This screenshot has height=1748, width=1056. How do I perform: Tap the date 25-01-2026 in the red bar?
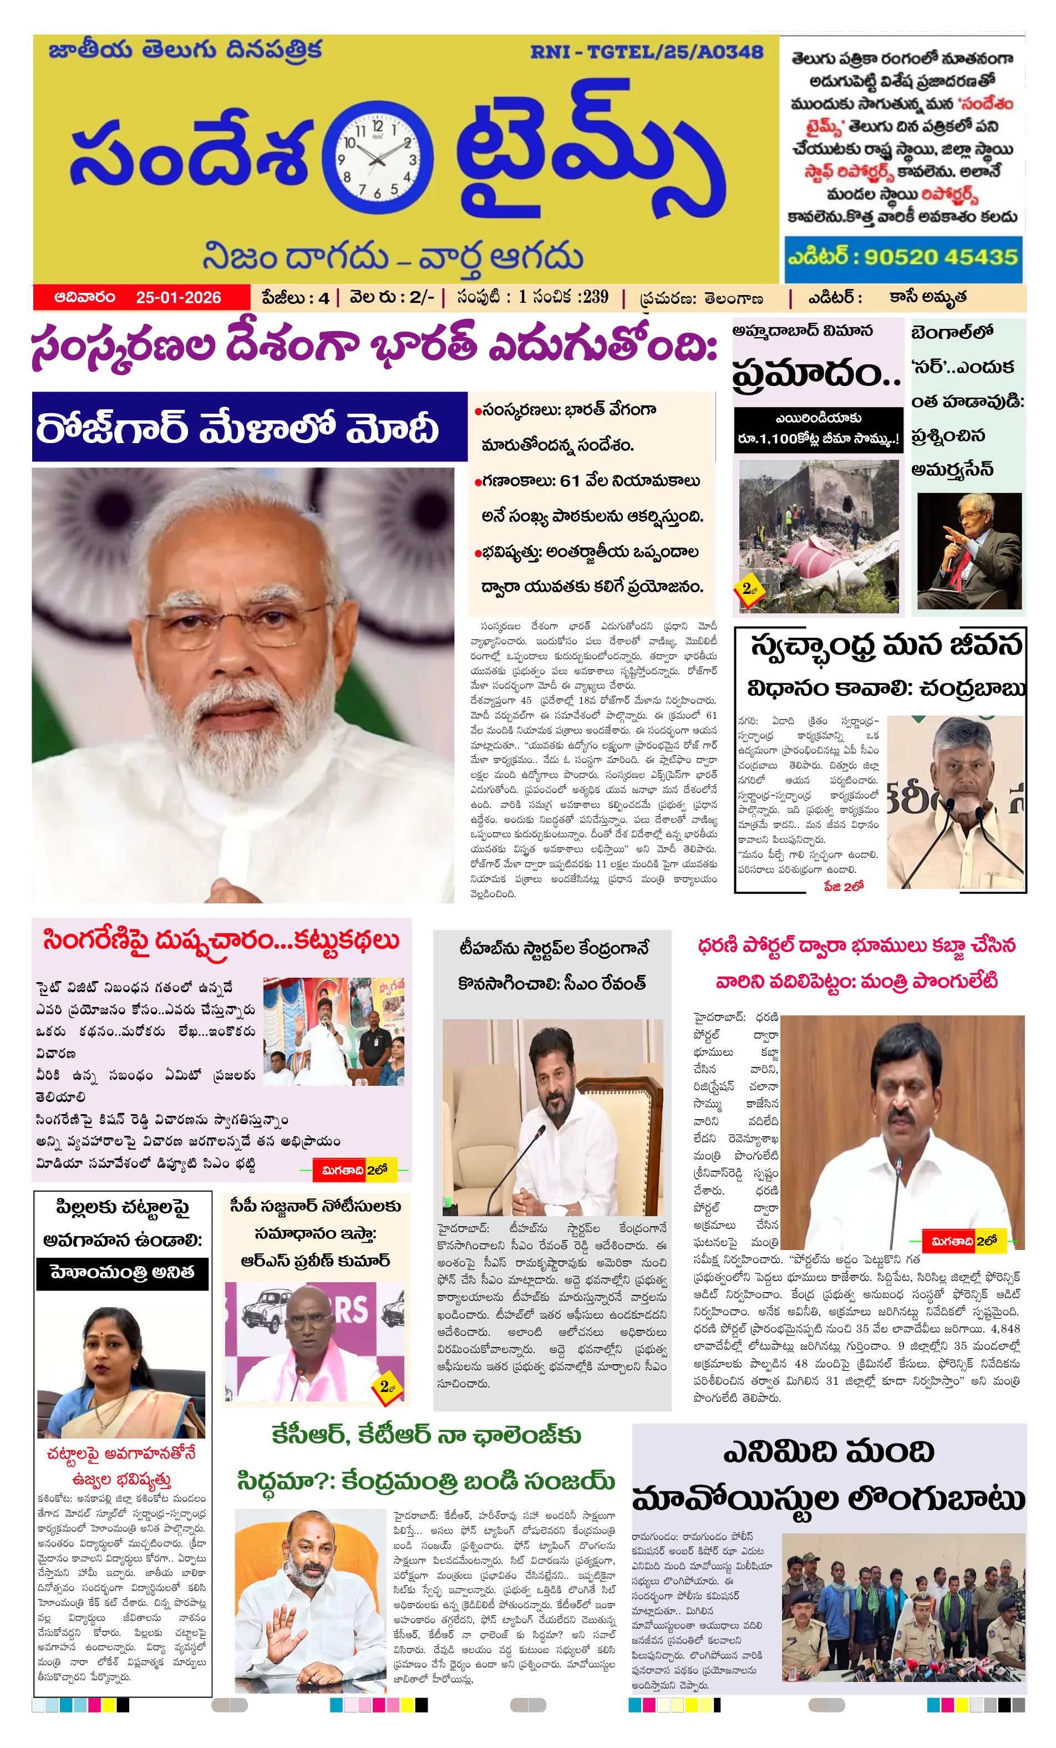click(178, 297)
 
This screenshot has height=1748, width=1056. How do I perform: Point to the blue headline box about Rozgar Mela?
click(249, 427)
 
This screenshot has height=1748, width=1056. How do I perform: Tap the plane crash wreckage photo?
click(818, 536)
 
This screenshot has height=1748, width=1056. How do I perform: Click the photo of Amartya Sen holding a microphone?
click(969, 551)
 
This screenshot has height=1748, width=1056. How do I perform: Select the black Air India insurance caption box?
click(818, 429)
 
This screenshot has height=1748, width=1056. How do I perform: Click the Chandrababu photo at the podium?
click(955, 802)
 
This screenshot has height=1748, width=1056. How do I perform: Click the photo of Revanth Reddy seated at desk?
click(553, 1118)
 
